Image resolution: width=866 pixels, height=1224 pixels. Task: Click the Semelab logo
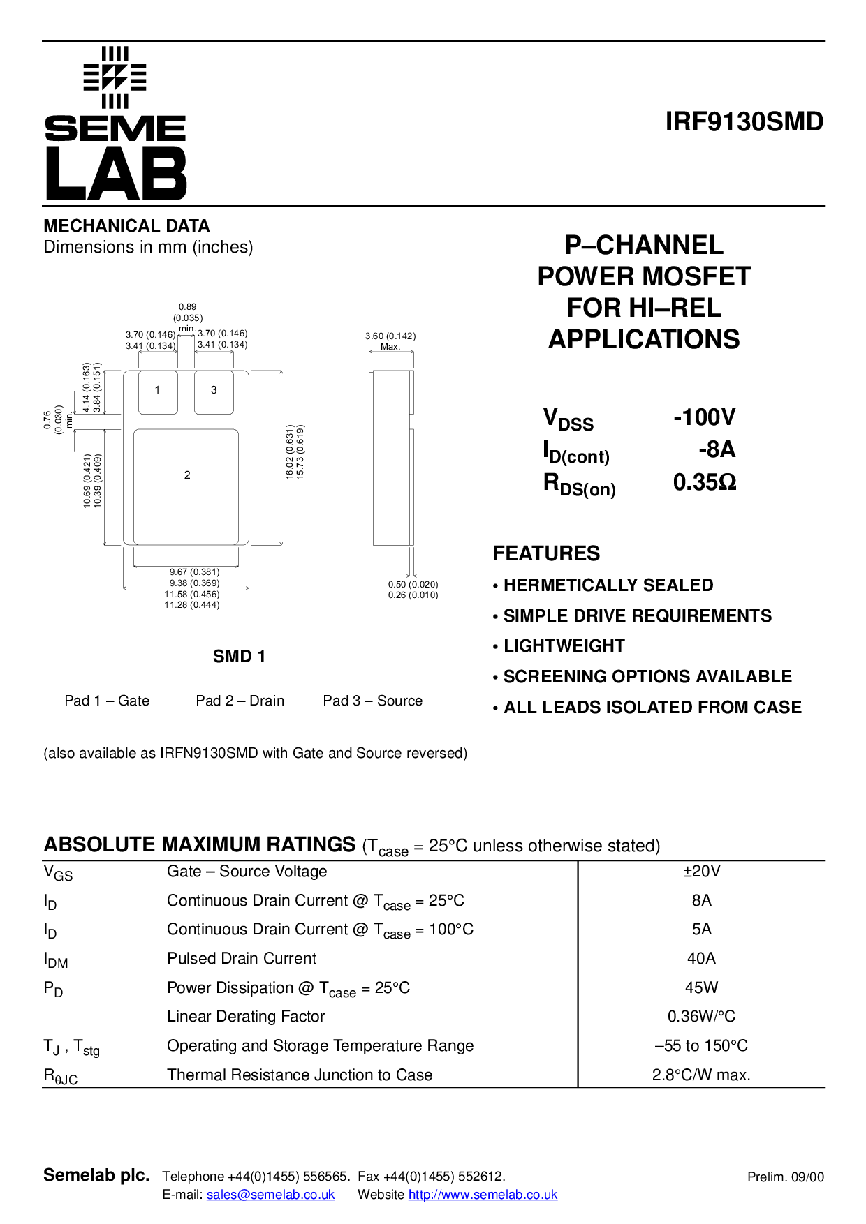[115, 124]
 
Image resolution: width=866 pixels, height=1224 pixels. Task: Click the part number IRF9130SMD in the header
[744, 122]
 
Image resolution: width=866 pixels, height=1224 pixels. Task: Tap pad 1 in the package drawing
[158, 392]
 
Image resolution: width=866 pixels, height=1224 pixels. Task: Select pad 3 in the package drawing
[214, 392]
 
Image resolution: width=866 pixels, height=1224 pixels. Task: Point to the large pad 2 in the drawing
[186, 486]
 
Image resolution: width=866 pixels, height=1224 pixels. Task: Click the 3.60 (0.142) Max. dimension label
[390, 341]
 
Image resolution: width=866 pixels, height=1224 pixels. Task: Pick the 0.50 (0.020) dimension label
[413, 585]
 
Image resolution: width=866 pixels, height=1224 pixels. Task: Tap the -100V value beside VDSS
[704, 417]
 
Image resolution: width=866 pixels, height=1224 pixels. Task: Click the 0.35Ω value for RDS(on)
[705, 482]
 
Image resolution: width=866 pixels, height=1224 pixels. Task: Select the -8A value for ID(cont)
[717, 449]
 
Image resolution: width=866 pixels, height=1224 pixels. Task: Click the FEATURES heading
[546, 553]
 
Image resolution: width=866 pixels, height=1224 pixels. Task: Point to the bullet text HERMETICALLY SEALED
[608, 585]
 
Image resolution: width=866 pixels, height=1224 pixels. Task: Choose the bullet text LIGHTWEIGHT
[564, 646]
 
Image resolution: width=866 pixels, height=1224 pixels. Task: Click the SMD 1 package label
[240, 657]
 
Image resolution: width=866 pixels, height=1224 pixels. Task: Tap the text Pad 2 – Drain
[240, 701]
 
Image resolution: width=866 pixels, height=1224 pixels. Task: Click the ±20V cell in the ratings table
[702, 872]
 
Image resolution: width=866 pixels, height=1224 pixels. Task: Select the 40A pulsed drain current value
[702, 959]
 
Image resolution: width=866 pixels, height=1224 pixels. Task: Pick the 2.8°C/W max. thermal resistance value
[702, 1075]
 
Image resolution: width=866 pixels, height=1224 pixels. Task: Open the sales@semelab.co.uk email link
[271, 1195]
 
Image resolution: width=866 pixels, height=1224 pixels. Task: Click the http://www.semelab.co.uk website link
[483, 1195]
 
